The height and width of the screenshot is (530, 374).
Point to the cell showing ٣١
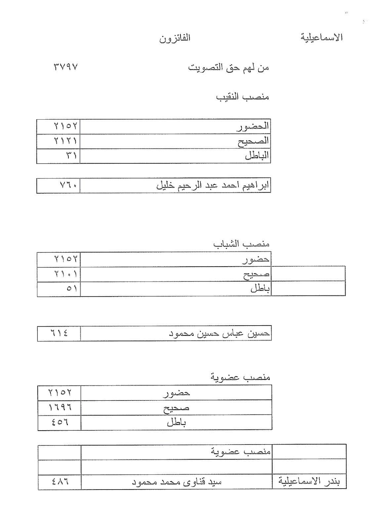point(71,156)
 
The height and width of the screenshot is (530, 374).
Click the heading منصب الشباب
point(241,244)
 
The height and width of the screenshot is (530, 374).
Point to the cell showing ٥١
point(72,289)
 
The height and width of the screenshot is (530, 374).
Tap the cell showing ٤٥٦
point(60,422)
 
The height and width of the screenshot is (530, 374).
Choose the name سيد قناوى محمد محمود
point(177,482)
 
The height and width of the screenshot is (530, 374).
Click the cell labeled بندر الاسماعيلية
point(309,482)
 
